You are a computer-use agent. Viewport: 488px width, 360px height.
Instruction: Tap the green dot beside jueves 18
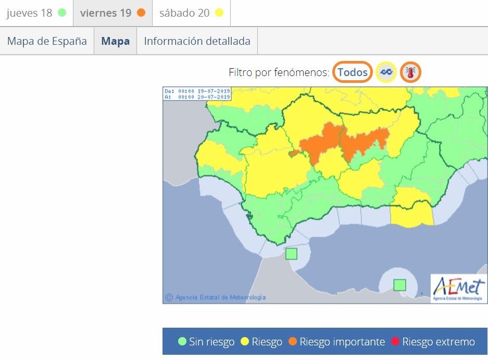point(62,13)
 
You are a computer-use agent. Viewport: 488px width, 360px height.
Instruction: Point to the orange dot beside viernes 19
point(141,13)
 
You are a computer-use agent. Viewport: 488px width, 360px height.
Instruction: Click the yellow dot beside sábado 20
point(219,13)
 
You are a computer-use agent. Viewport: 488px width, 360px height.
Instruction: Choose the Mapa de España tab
point(47,41)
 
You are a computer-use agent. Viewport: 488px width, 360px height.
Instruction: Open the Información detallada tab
point(197,41)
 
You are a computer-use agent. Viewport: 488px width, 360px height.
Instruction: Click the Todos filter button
point(353,72)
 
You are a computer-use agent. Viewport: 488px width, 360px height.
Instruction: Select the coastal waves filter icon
point(386,72)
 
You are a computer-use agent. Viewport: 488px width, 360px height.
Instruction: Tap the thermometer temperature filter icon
point(411,72)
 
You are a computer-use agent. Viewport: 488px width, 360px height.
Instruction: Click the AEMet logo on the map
point(458,288)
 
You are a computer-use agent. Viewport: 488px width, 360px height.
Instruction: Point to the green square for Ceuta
point(291,254)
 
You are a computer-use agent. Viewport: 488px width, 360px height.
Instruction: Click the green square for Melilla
point(399,284)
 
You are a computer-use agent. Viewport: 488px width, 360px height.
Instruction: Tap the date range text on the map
point(197,94)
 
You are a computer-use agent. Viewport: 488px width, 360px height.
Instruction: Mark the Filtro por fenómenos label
point(279,72)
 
